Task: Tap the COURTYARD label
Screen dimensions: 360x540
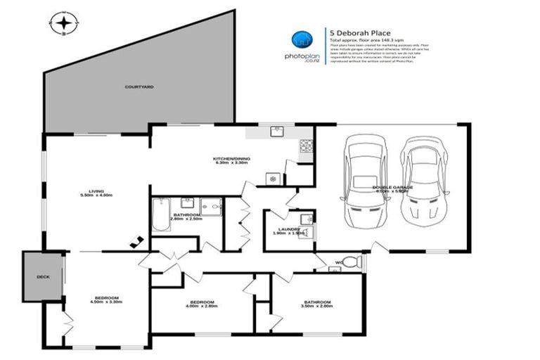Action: click(x=139, y=86)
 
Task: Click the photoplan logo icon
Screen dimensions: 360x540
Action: click(x=302, y=39)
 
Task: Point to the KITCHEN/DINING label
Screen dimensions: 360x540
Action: click(x=231, y=160)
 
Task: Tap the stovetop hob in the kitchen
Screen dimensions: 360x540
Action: click(x=307, y=146)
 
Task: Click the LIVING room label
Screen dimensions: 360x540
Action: click(x=96, y=192)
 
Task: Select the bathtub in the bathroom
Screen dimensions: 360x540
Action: click(x=161, y=214)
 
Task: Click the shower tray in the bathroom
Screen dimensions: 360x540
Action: click(x=211, y=206)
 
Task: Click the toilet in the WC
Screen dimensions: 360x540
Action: click(x=354, y=262)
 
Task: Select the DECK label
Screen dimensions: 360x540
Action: click(x=43, y=276)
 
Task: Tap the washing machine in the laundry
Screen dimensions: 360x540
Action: click(x=305, y=233)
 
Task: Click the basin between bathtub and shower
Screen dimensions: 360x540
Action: click(x=187, y=203)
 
